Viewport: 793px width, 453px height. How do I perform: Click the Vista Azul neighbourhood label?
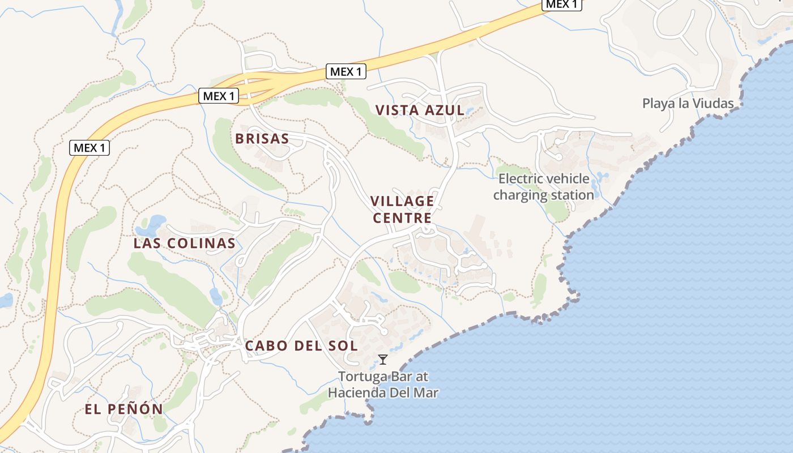point(420,110)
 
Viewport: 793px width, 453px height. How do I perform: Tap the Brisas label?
point(262,139)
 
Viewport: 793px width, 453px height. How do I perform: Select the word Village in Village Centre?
point(402,201)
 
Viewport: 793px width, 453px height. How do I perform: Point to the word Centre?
point(402,218)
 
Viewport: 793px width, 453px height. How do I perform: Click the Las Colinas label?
point(184,243)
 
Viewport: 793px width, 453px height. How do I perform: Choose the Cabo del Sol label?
point(301,345)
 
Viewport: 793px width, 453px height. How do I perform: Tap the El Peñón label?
point(124,409)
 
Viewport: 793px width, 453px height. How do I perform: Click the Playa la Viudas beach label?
point(688,104)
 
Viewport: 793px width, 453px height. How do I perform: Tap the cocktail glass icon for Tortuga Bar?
point(383,359)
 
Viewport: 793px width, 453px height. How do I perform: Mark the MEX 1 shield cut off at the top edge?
point(562,5)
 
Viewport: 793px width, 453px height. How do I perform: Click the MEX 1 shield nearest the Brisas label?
point(219,96)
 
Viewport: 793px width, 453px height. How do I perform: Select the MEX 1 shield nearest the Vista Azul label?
point(346,72)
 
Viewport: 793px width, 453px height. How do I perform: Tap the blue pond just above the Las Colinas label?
point(152,224)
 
